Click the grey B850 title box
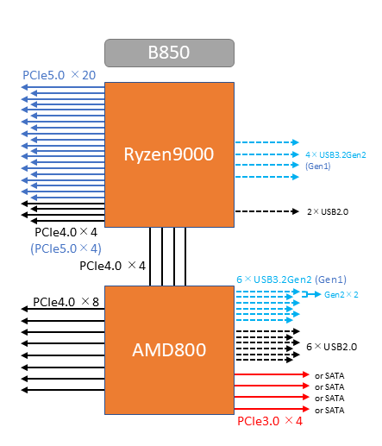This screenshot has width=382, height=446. pyautogui.click(x=169, y=53)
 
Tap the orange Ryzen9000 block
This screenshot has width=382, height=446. pyautogui.click(x=169, y=154)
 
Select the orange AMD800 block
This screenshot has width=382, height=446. pyautogui.click(x=169, y=350)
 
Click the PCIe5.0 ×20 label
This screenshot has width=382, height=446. pyautogui.click(x=59, y=75)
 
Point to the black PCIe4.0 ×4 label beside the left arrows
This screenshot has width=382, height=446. pyautogui.click(x=66, y=232)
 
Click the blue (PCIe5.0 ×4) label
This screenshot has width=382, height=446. pyautogui.click(x=66, y=248)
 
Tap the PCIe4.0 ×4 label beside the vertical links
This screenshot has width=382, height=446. pyautogui.click(x=112, y=266)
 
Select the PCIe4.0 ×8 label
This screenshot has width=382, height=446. pyautogui.click(x=66, y=302)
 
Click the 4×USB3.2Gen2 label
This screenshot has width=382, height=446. pyautogui.click(x=335, y=155)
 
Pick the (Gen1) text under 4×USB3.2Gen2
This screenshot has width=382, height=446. pyautogui.click(x=318, y=166)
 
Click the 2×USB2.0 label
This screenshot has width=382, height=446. pyautogui.click(x=328, y=212)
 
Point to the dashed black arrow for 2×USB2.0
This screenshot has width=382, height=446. pyautogui.click(x=267, y=211)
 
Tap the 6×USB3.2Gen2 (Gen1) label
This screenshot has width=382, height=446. pyautogui.click(x=291, y=280)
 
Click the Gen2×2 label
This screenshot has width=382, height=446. pyautogui.click(x=341, y=295)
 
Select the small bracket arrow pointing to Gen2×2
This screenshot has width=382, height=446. pyautogui.click(x=311, y=294)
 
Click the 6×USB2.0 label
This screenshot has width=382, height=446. pyautogui.click(x=332, y=347)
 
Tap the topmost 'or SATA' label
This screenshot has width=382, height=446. pyautogui.click(x=329, y=376)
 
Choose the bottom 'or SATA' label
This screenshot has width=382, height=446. pyautogui.click(x=329, y=411)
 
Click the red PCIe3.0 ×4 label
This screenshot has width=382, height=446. pyautogui.click(x=270, y=421)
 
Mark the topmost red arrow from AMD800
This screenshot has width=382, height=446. pyautogui.click(x=272, y=374)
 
